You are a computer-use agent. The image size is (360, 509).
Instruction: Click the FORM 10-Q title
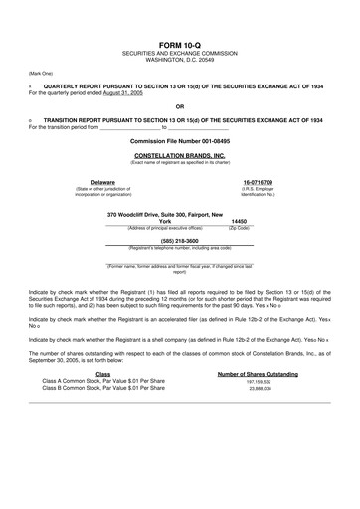click(179, 47)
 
